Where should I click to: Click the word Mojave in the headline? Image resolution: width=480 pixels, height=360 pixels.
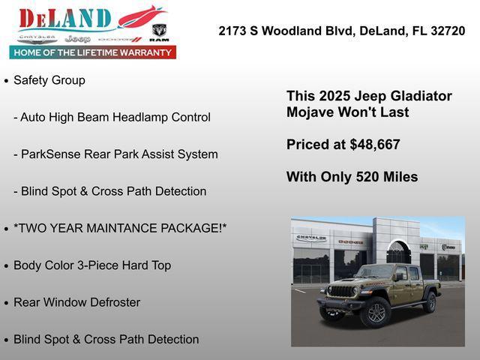pos(310,112)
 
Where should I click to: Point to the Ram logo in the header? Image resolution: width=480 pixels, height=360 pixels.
pos(159,31)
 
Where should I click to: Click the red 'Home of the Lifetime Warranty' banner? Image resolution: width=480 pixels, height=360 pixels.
pos(93,52)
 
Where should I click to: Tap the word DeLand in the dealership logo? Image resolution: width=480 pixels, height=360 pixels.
pos(64,18)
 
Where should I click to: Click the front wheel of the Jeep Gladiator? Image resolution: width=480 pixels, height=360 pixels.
pos(375,313)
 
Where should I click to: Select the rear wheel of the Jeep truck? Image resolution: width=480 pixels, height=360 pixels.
pos(430,302)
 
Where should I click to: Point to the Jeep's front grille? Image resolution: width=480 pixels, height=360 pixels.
pos(342,291)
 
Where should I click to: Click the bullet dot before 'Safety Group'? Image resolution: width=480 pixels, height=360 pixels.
pos(6,80)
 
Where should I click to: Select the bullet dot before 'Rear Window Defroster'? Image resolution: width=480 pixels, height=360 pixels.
pos(6,303)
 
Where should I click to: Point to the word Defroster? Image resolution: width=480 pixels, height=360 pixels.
pos(112,302)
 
